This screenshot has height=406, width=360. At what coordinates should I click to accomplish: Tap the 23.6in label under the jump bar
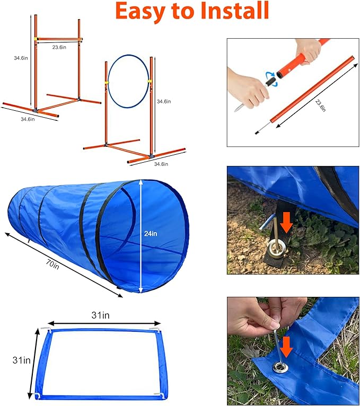(59, 47)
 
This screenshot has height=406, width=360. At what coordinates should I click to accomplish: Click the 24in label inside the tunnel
(150, 233)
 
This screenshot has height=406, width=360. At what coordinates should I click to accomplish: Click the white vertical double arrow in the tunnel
(141, 235)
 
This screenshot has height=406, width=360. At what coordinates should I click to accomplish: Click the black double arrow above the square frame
(104, 323)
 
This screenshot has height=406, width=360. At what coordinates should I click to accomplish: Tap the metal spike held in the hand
(240, 108)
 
